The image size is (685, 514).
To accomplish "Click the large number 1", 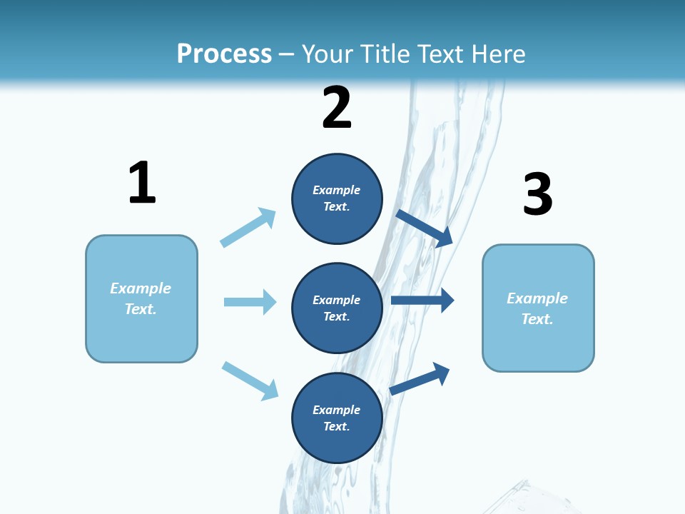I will (142, 183).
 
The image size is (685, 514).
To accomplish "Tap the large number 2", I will (337, 108).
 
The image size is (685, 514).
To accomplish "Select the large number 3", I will (537, 194).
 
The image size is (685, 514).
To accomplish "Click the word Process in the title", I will (224, 54).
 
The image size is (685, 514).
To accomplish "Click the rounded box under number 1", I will (141, 298).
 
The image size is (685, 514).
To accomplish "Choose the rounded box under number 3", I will (538, 308).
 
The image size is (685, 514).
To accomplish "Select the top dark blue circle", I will (337, 198).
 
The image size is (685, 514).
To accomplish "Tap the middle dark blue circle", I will (337, 308).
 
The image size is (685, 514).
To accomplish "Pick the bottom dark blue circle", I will (337, 418).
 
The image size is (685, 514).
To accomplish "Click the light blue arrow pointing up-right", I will (248, 227).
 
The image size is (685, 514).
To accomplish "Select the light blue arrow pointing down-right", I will (250, 381).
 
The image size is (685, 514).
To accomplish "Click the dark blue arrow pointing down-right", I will (425, 228).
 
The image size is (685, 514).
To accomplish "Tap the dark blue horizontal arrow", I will (422, 300).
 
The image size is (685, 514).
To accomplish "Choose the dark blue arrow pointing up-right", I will (420, 378).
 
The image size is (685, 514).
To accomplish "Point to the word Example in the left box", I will (141, 288).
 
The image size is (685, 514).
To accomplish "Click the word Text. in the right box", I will (537, 319).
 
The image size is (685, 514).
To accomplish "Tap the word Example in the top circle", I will (337, 190).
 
